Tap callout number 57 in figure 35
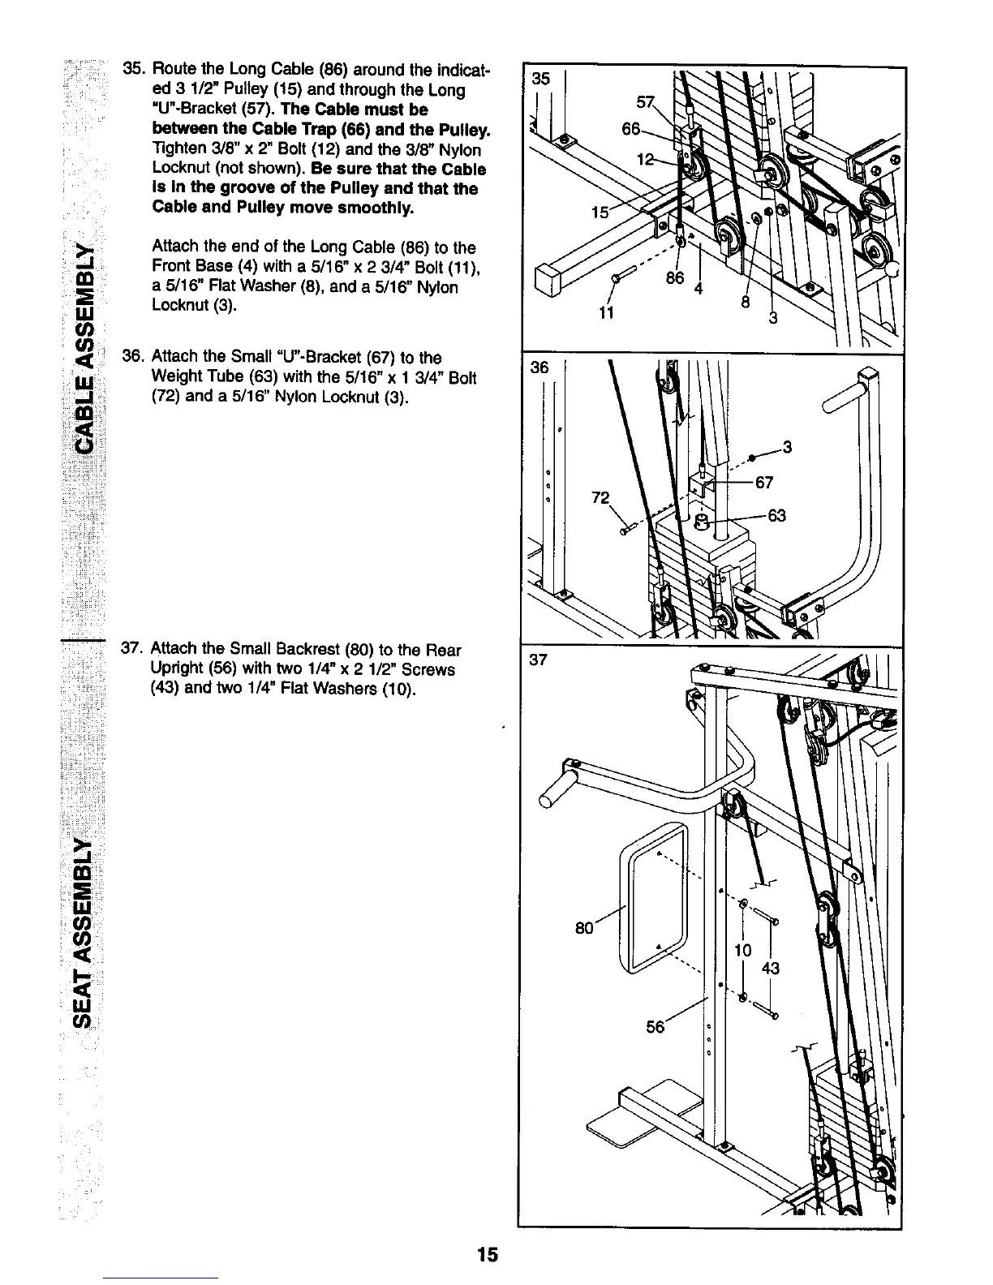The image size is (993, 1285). (x=646, y=103)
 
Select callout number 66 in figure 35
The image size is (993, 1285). (x=631, y=130)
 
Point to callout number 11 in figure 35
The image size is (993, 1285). (x=604, y=313)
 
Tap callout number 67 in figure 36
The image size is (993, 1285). (x=763, y=483)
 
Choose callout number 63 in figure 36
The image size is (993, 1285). (x=776, y=516)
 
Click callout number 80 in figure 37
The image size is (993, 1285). (x=584, y=926)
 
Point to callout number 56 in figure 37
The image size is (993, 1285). (x=655, y=1026)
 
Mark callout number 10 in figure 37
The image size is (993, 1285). (x=743, y=950)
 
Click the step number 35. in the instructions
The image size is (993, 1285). (x=132, y=71)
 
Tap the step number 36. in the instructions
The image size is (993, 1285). (x=131, y=357)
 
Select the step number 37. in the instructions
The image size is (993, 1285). (x=131, y=650)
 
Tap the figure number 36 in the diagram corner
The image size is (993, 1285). (x=540, y=367)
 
